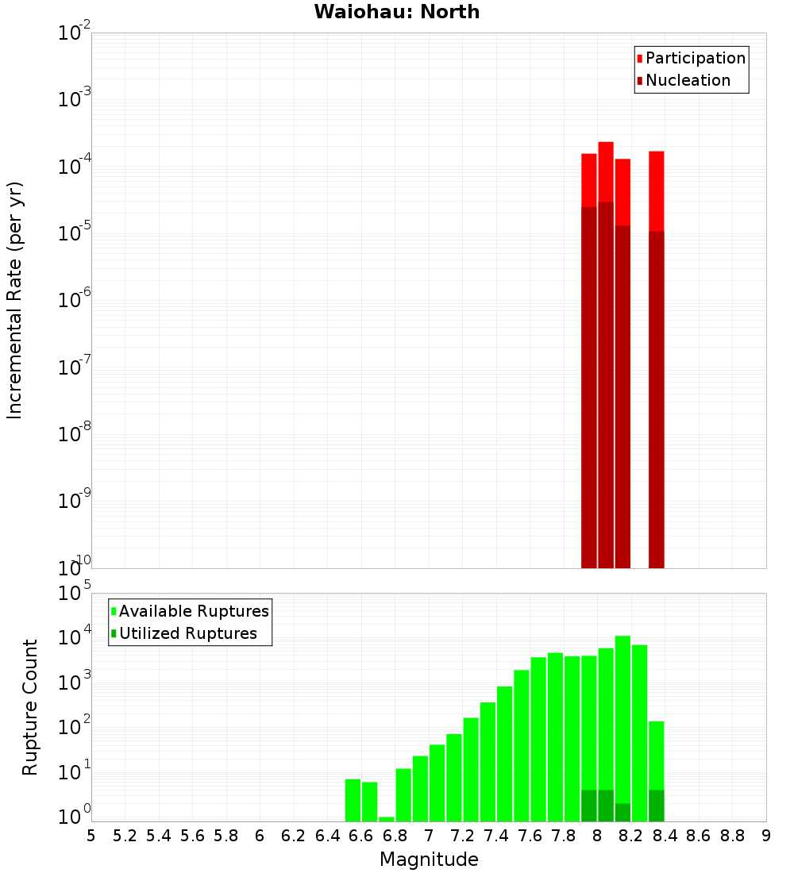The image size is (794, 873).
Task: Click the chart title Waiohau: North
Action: [396, 12]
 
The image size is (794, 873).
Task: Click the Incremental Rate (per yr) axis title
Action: [15, 300]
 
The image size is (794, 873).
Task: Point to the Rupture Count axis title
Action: [30, 706]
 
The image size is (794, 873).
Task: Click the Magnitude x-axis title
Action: [429, 860]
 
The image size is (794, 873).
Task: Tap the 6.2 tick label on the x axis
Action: [294, 836]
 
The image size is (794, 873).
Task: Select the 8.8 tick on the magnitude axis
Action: [732, 836]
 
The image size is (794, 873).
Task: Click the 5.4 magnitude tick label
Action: [159, 836]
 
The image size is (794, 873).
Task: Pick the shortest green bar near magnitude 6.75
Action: [387, 819]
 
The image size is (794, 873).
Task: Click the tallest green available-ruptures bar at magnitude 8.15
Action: [622, 714]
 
